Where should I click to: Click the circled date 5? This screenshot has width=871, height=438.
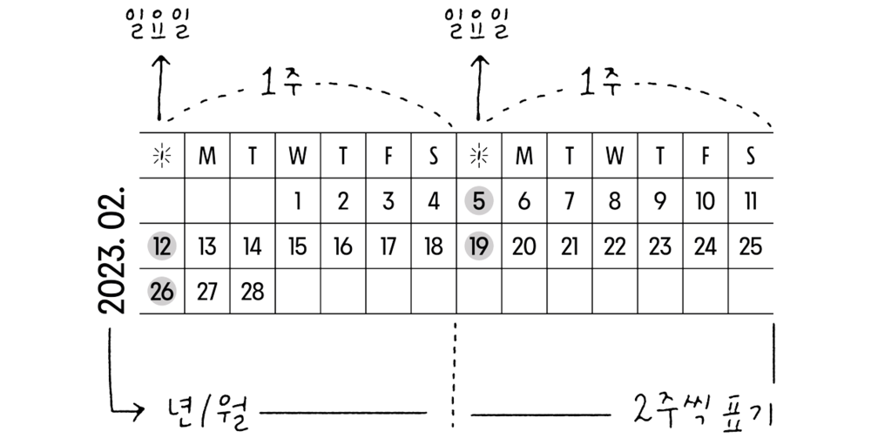[x=478, y=202]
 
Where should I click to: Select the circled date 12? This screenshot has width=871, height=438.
[x=161, y=246]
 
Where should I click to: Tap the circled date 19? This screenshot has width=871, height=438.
[x=478, y=246]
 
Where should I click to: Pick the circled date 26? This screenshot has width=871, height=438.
[x=161, y=292]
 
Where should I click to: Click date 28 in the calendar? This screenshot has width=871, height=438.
[x=252, y=292]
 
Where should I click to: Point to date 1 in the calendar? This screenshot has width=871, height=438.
[x=297, y=202]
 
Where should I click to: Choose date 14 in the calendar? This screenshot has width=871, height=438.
[x=252, y=246]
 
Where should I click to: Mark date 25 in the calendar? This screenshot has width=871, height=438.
[x=750, y=246]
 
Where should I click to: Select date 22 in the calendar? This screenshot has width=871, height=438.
[x=614, y=246]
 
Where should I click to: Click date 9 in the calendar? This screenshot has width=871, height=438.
[x=659, y=202]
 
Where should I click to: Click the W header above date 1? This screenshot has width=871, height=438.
[x=297, y=156]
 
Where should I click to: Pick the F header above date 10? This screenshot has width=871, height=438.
[x=705, y=156]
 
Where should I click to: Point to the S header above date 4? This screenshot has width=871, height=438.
[x=433, y=156]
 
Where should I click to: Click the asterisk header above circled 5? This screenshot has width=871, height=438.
[x=478, y=156]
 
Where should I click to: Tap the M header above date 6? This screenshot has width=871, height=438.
[x=523, y=156]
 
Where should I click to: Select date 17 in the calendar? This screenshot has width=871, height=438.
[x=388, y=246]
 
